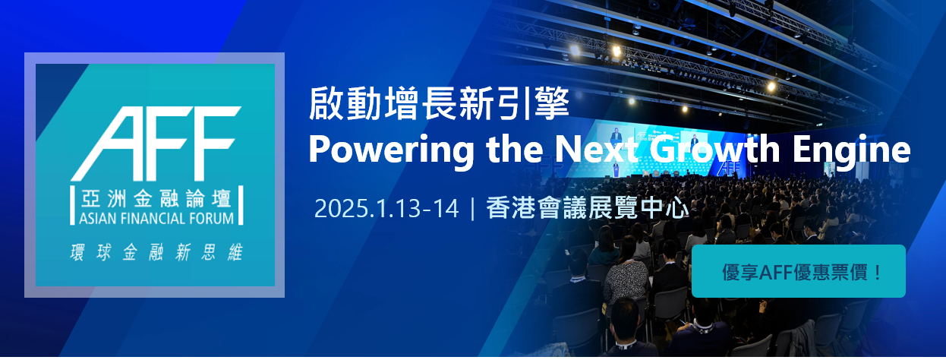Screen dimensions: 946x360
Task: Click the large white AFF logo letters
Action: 156,144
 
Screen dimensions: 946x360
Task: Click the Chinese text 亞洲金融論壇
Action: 156,198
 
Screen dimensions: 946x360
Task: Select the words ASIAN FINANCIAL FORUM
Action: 156,219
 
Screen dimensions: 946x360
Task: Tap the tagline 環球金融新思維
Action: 156,252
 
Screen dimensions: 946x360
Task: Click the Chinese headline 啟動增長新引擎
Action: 439,103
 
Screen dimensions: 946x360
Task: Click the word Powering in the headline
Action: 392,150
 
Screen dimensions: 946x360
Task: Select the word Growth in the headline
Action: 714,150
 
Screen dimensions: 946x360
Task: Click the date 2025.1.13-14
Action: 386,209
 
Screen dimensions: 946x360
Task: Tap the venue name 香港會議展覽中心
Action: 588,208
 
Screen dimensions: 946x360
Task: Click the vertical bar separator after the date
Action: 472,208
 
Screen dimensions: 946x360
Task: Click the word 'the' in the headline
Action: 515,150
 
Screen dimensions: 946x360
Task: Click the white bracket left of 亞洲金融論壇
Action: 72,205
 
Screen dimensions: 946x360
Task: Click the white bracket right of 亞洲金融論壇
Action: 241,205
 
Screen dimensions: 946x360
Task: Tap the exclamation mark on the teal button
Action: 878,272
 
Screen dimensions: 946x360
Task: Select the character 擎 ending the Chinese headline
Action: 551,103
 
